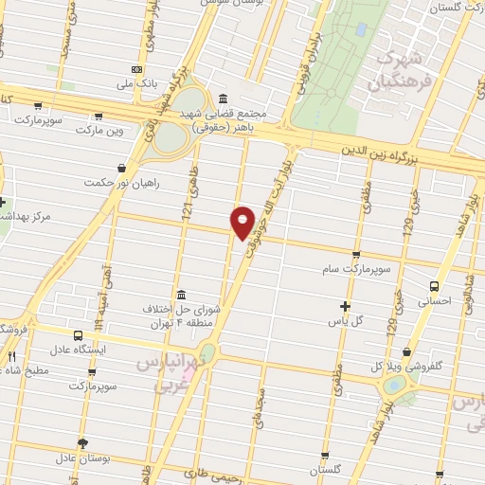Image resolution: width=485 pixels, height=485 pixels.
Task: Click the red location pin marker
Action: [242, 223]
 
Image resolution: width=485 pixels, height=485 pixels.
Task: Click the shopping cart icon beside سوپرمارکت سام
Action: [356, 255]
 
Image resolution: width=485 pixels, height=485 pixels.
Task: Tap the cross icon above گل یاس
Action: [345, 306]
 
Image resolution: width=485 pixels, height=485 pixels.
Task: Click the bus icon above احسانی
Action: [434, 286]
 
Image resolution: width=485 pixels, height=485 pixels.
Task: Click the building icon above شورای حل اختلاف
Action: [182, 293]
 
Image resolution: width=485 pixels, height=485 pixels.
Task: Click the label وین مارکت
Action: [98, 128]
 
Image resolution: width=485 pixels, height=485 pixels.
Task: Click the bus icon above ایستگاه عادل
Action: [77, 334]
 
